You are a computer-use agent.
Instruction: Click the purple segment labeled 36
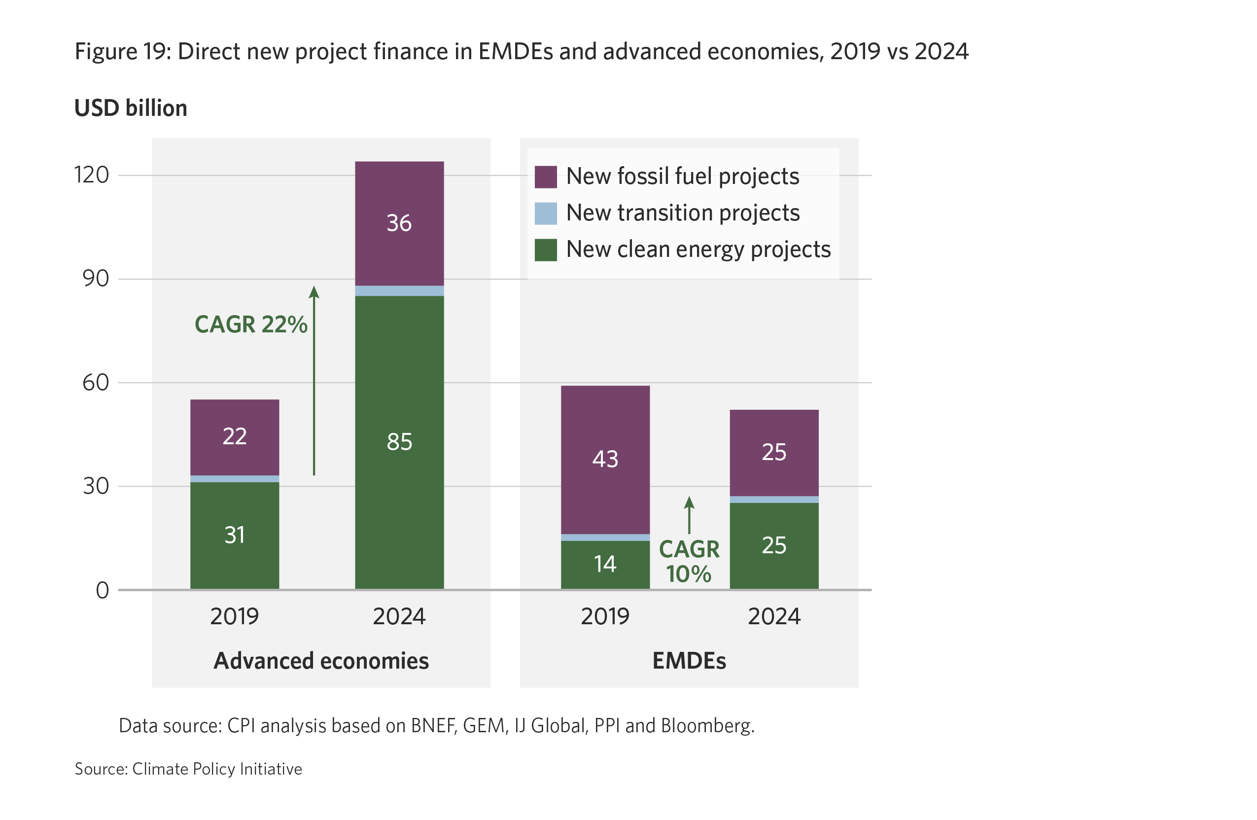point(399,223)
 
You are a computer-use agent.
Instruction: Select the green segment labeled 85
point(399,442)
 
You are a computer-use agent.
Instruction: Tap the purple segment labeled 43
point(605,459)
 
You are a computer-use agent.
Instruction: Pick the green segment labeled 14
point(605,564)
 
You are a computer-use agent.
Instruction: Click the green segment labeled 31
point(235,535)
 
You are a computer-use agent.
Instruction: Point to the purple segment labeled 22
point(235,436)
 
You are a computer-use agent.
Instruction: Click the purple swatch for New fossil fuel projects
point(546,177)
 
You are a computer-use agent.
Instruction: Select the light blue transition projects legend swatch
point(546,214)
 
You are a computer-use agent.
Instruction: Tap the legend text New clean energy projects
point(698,250)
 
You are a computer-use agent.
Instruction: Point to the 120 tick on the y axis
point(92,175)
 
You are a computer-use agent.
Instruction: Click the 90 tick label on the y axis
point(96,279)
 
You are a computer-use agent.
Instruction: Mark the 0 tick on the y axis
point(103,590)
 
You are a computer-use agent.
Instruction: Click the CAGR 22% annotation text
point(251,324)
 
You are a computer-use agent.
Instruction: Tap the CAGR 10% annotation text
point(689,562)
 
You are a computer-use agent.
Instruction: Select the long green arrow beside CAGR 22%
point(314,380)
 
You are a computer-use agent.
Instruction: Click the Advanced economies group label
point(321,660)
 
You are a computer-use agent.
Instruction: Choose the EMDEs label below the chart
point(689,660)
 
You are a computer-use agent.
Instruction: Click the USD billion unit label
point(131,108)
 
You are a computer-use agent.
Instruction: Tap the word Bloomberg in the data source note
point(707,726)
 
